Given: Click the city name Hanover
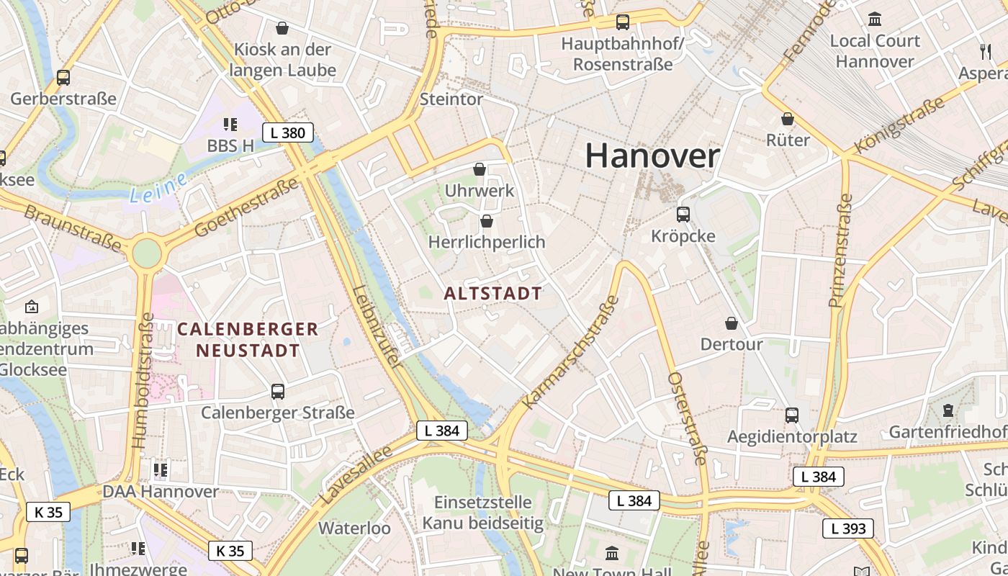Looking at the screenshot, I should (652, 156).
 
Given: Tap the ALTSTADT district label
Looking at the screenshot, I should (492, 293).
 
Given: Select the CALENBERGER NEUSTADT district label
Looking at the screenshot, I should (247, 340).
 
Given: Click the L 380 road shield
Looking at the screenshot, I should (288, 132).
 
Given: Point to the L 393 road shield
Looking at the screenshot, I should (848, 528).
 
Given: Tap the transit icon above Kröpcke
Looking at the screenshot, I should (683, 214).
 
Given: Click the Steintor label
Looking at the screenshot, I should (451, 99).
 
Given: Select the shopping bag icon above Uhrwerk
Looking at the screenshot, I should (480, 169).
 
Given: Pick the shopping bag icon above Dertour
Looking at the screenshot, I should (732, 323).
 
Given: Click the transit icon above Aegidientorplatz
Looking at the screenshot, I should (792, 415).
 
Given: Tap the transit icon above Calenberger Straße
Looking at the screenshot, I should (278, 391).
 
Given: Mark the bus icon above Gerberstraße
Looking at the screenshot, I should (63, 78).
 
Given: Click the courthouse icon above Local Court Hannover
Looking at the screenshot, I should (875, 19).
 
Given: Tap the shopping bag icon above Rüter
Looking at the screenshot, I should (788, 119).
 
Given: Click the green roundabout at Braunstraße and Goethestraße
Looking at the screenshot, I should (147, 253).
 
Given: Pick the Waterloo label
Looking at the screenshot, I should (354, 528).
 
